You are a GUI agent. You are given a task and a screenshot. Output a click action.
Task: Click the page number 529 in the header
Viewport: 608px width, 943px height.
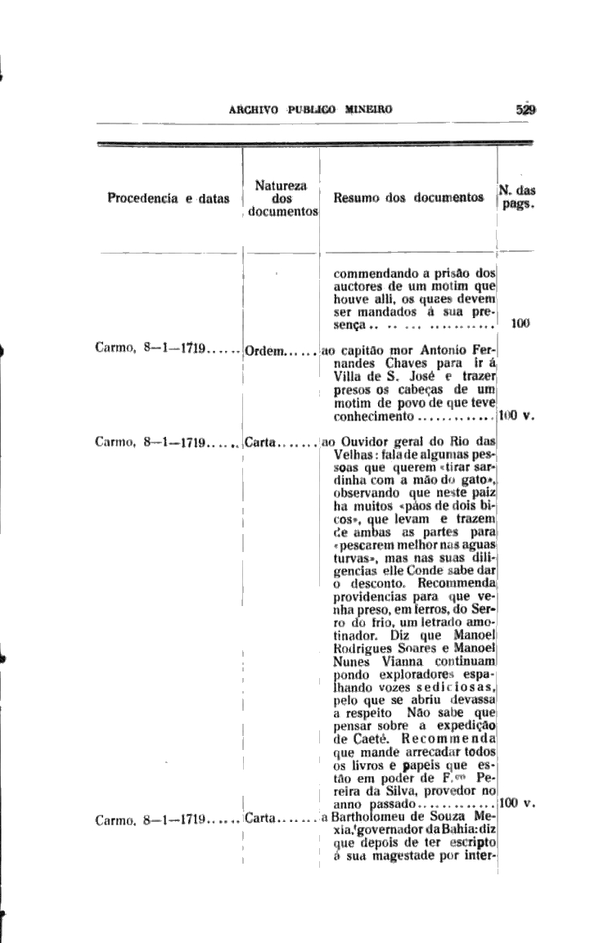pos(525,108)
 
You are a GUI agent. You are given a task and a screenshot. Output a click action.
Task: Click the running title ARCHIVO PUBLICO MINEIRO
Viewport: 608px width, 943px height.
pos(311,108)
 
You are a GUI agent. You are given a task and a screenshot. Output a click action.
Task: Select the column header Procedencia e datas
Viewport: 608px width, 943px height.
pos(169,198)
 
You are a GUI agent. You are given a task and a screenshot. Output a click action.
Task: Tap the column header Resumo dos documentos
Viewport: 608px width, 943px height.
pos(408,198)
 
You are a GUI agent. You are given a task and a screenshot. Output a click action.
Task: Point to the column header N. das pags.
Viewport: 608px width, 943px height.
pos(517,198)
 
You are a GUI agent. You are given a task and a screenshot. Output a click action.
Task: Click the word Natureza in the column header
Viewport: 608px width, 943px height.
pos(281,186)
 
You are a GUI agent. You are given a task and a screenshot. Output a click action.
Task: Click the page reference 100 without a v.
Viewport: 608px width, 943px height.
pos(520,323)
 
